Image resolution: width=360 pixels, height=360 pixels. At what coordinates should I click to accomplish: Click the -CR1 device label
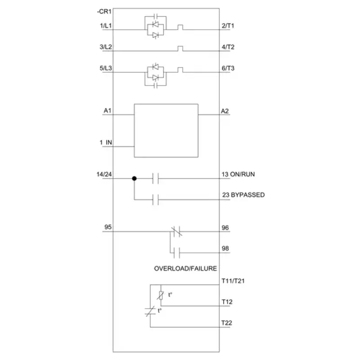(x=104, y=12)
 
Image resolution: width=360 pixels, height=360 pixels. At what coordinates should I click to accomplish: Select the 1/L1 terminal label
(x=106, y=26)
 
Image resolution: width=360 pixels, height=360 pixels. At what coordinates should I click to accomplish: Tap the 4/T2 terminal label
(x=228, y=47)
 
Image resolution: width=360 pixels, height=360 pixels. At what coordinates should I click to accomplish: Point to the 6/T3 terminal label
(x=228, y=68)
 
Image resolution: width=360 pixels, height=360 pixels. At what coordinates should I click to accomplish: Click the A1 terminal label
(x=108, y=111)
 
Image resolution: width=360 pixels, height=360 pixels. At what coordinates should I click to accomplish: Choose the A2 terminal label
(x=225, y=111)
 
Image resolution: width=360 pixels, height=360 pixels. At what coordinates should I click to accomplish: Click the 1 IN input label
(x=106, y=142)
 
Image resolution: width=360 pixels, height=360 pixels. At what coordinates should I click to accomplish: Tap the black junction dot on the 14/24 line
(x=134, y=178)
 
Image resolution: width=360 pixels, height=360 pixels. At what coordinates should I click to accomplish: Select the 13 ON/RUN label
(x=238, y=174)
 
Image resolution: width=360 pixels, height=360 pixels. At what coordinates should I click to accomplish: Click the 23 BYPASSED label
(x=243, y=195)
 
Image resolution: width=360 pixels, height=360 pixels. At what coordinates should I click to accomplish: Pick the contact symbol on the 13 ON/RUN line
(x=155, y=178)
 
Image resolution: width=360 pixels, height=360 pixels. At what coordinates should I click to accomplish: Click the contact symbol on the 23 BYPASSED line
(x=155, y=199)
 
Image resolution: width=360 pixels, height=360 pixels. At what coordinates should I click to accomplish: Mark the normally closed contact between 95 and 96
(x=176, y=231)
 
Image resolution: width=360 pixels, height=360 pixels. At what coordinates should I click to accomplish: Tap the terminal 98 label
(x=225, y=248)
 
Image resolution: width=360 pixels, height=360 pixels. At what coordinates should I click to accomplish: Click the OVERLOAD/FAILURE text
(x=185, y=268)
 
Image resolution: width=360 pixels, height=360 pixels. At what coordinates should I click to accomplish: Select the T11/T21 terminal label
(x=233, y=281)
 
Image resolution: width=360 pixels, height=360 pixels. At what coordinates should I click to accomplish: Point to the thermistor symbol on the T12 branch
(x=161, y=295)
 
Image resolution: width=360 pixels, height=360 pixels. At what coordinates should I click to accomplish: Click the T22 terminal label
(x=227, y=323)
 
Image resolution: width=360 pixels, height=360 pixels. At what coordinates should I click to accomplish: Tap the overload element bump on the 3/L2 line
(x=180, y=49)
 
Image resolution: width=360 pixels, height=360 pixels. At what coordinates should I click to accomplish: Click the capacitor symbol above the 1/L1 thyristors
(x=155, y=16)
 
